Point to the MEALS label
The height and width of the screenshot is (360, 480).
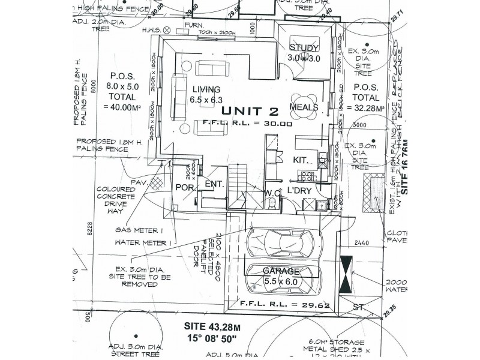click(x=303, y=107)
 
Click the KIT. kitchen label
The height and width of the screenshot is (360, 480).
click(x=300, y=160)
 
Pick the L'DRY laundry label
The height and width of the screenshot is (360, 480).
click(x=298, y=190)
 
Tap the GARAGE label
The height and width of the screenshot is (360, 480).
click(x=281, y=271)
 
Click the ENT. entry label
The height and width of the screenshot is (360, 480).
click(x=215, y=185)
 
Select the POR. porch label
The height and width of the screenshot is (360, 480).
click(x=183, y=187)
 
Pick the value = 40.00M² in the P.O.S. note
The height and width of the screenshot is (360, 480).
click(x=122, y=107)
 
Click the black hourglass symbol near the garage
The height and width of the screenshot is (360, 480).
click(x=347, y=274)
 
